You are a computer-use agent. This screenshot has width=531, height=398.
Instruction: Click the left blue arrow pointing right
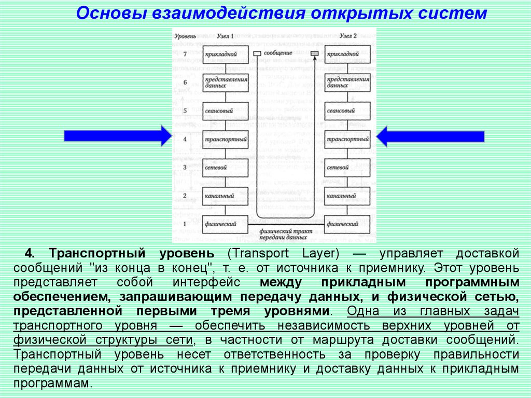coord(117,136)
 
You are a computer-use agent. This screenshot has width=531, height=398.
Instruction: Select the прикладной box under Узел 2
coord(347,53)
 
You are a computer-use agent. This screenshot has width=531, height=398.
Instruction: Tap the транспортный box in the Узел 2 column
coord(347,139)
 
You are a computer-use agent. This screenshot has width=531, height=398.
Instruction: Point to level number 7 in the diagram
coord(185,53)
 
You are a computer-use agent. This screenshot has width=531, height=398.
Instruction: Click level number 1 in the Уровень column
coord(185,224)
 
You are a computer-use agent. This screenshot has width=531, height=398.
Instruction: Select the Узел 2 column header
coord(348,36)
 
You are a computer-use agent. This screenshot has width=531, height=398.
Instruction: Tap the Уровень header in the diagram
coord(185,36)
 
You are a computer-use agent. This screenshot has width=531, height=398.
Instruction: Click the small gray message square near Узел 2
coord(314,53)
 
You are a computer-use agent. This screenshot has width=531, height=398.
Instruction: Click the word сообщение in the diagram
coord(277,53)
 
